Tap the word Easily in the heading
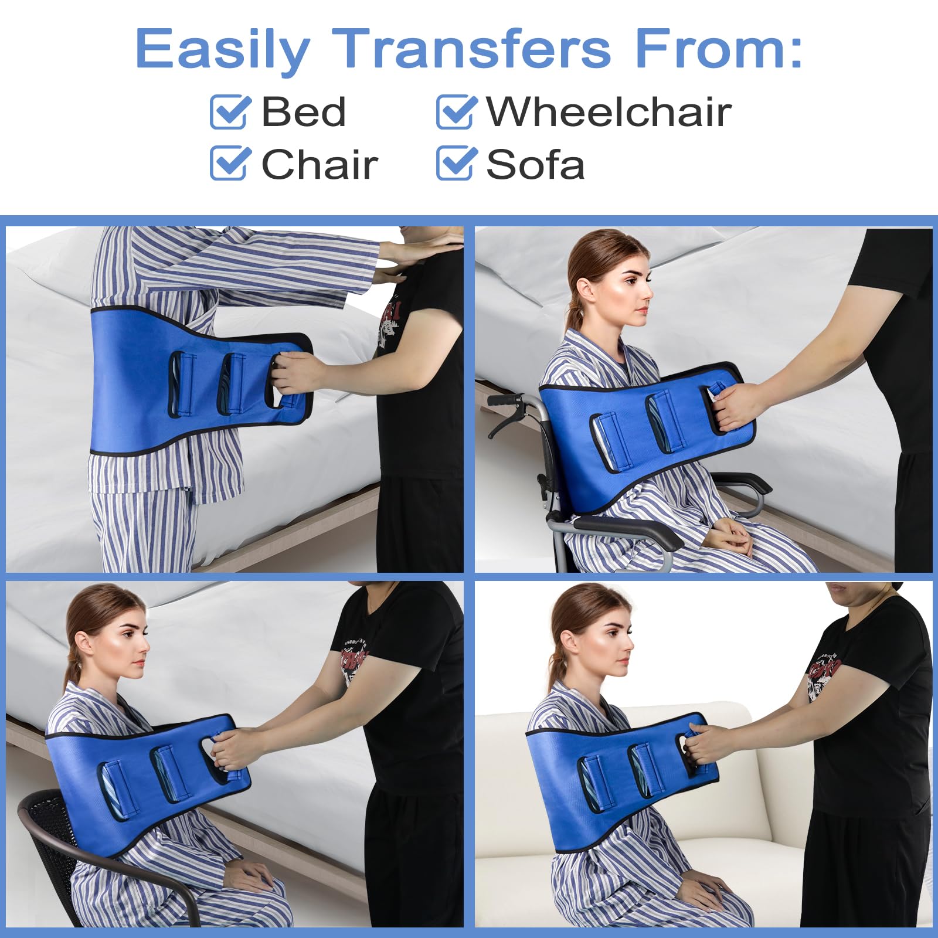coord(223,49)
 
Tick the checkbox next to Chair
coord(229,163)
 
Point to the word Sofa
coord(535,165)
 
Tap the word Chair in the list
coord(320,165)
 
